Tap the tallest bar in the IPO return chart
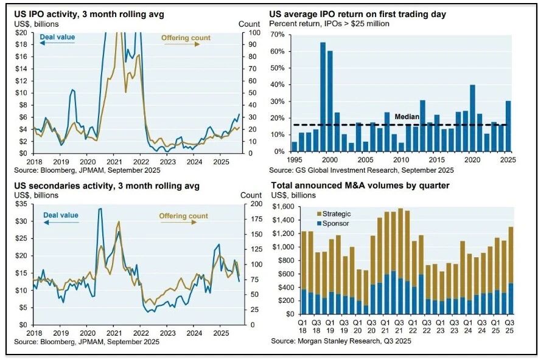click(323, 97)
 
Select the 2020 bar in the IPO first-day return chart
click(472, 118)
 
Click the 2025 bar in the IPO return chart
click(508, 126)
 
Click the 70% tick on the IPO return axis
click(279, 35)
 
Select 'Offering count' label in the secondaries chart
click(183, 216)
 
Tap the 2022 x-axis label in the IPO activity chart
click(141, 162)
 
